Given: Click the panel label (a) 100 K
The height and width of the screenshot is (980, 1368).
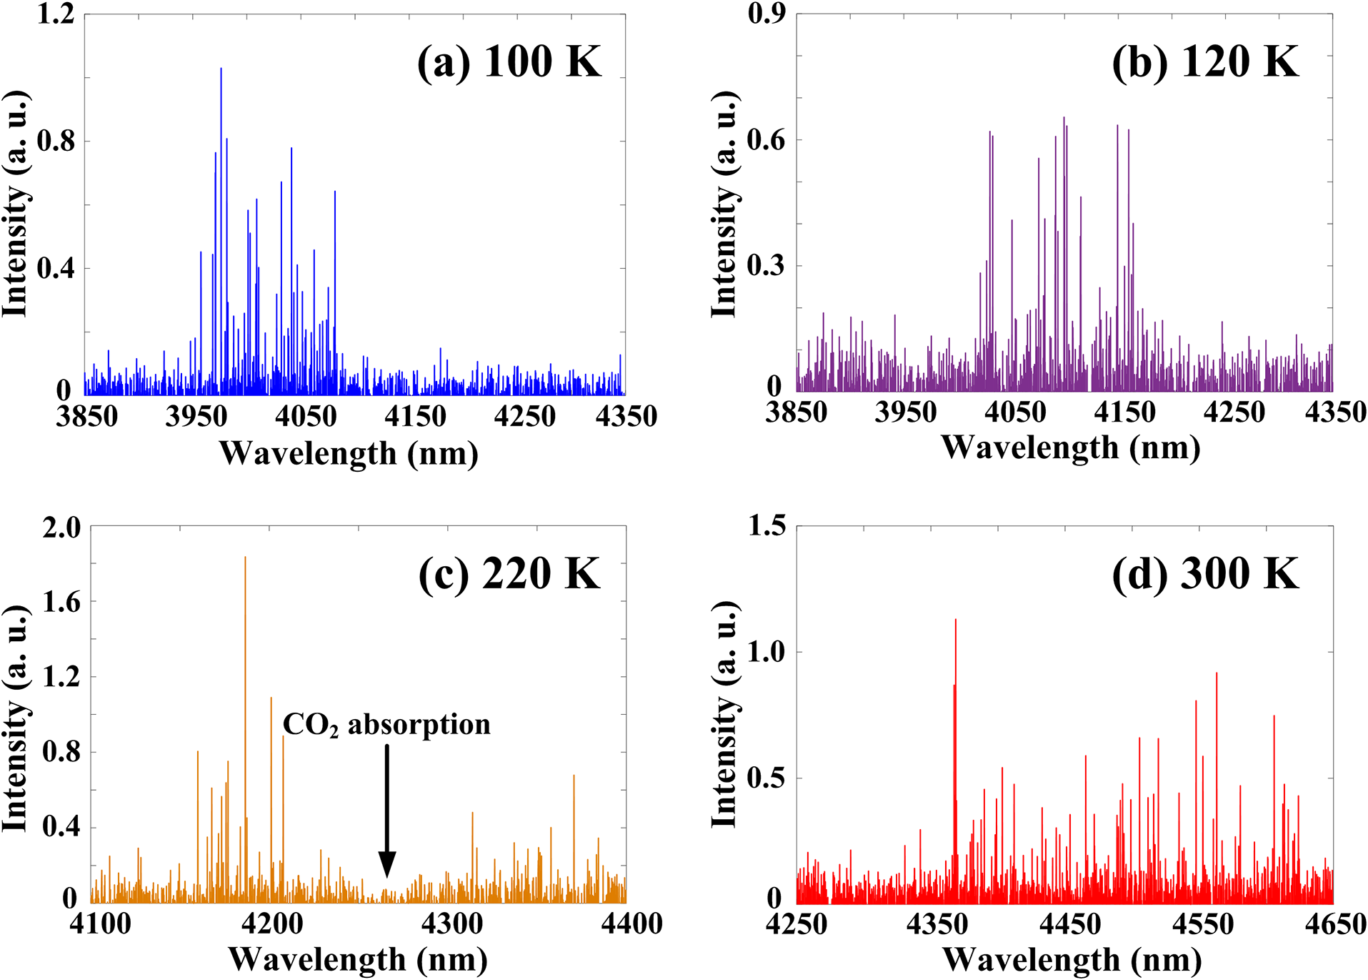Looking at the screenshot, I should [509, 61].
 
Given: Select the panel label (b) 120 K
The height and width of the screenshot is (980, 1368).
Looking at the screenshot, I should [1204, 61].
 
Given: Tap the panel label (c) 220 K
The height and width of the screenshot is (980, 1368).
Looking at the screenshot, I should [509, 573].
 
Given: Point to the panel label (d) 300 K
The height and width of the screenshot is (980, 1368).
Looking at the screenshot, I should [1204, 573].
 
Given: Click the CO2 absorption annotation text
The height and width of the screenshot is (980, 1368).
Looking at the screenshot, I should [386, 725].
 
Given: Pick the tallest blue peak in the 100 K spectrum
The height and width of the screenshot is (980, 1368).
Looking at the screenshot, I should [221, 69].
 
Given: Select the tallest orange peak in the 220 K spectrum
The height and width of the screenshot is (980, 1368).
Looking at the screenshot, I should [245, 558].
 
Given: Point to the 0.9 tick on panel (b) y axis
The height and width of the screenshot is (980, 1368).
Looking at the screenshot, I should [767, 14].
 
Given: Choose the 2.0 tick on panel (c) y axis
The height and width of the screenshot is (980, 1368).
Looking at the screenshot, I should [61, 528].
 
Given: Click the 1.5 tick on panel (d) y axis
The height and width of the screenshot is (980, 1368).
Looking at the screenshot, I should [767, 527].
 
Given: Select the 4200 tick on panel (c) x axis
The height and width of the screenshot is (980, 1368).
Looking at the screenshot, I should [271, 924].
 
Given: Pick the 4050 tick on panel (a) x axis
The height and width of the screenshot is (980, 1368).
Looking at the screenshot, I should [306, 415].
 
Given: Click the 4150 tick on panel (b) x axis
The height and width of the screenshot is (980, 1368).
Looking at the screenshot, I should [1124, 412].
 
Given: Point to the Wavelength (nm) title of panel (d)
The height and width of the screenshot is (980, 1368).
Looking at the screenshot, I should [1072, 960].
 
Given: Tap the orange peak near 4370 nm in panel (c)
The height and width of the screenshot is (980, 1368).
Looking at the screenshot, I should [574, 777].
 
